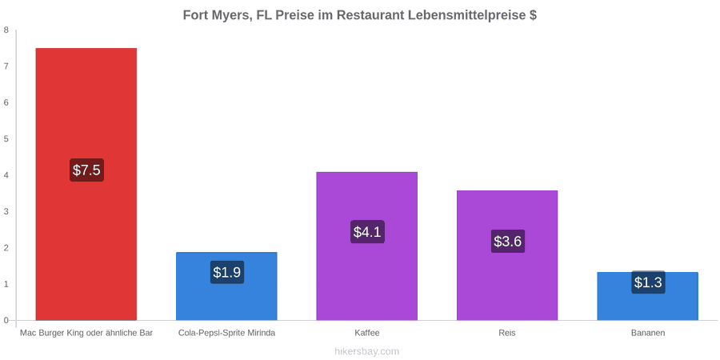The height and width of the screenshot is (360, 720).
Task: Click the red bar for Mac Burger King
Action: click(86, 184)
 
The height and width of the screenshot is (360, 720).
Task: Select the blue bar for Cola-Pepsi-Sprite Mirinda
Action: click(227, 286)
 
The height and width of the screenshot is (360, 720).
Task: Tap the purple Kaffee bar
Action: click(367, 246)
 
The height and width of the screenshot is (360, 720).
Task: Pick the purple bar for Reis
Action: click(507, 255)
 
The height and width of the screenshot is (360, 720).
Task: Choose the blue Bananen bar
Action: click(648, 296)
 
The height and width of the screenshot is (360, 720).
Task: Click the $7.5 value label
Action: click(86, 170)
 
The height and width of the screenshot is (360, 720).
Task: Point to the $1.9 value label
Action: click(227, 272)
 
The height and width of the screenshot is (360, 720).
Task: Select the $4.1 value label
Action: click(367, 232)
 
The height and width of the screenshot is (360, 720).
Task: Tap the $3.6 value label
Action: click(508, 241)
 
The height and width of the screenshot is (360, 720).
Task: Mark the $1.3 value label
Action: click(648, 282)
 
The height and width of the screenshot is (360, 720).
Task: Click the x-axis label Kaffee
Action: click(367, 333)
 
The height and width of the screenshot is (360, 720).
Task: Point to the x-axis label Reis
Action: click(507, 333)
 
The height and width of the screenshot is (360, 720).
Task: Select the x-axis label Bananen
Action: click(648, 333)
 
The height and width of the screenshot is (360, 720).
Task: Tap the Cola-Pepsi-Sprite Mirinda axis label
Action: click(227, 333)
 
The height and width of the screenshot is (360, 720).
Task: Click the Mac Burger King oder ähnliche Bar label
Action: click(86, 333)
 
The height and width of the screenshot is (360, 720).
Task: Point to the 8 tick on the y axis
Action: click(6, 30)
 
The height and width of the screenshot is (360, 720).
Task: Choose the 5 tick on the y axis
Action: click(6, 139)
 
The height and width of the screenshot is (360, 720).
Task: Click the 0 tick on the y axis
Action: click(6, 321)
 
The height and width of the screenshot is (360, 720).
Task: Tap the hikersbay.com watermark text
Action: click(366, 352)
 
